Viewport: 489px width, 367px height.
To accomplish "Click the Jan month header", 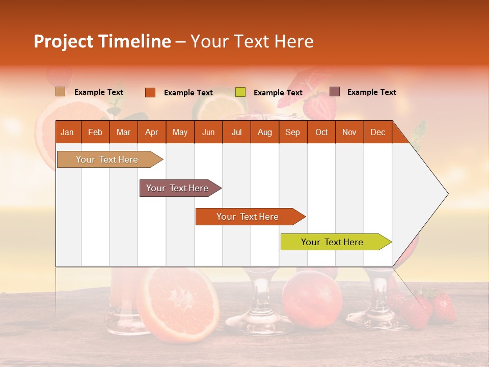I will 67,133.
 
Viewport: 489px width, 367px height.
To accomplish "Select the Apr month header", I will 152,133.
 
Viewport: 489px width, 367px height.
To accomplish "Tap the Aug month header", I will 265,133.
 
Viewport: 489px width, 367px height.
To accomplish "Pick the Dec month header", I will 377,133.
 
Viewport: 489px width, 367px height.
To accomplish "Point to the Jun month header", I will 208,133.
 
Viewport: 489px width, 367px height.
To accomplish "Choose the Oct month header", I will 321,133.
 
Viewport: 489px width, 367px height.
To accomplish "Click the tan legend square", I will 61,92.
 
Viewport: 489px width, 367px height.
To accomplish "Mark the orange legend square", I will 150,92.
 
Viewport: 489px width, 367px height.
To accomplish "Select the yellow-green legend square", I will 240,92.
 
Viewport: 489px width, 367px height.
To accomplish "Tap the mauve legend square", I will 335,92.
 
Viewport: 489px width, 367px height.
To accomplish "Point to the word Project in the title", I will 64,41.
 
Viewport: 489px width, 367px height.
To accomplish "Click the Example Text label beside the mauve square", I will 371,92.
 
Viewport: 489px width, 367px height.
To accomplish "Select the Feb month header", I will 95,133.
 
